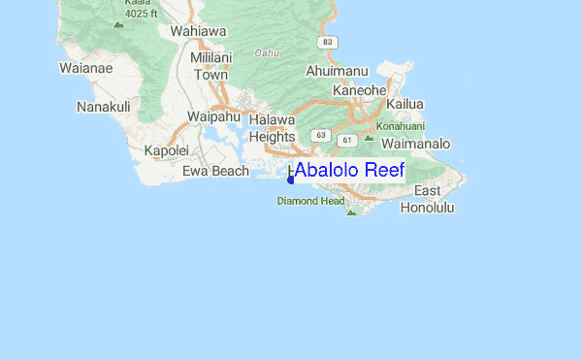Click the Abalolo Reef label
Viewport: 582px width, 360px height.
[348, 171]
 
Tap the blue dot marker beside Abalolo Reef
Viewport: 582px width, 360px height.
[291, 179]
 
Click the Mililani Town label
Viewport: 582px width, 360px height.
[210, 66]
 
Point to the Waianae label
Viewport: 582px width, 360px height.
[86, 68]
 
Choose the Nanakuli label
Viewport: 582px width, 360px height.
[104, 107]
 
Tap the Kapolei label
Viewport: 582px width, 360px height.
[164, 150]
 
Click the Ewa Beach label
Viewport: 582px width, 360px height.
[216, 172]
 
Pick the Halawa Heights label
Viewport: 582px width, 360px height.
[272, 128]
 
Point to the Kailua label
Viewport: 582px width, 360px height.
[405, 104]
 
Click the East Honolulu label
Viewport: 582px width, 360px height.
[427, 199]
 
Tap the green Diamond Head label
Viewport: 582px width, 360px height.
[310, 202]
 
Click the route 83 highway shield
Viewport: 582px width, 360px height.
[330, 42]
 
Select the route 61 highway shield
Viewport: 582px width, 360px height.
[345, 141]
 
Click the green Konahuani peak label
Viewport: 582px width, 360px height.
[401, 125]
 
